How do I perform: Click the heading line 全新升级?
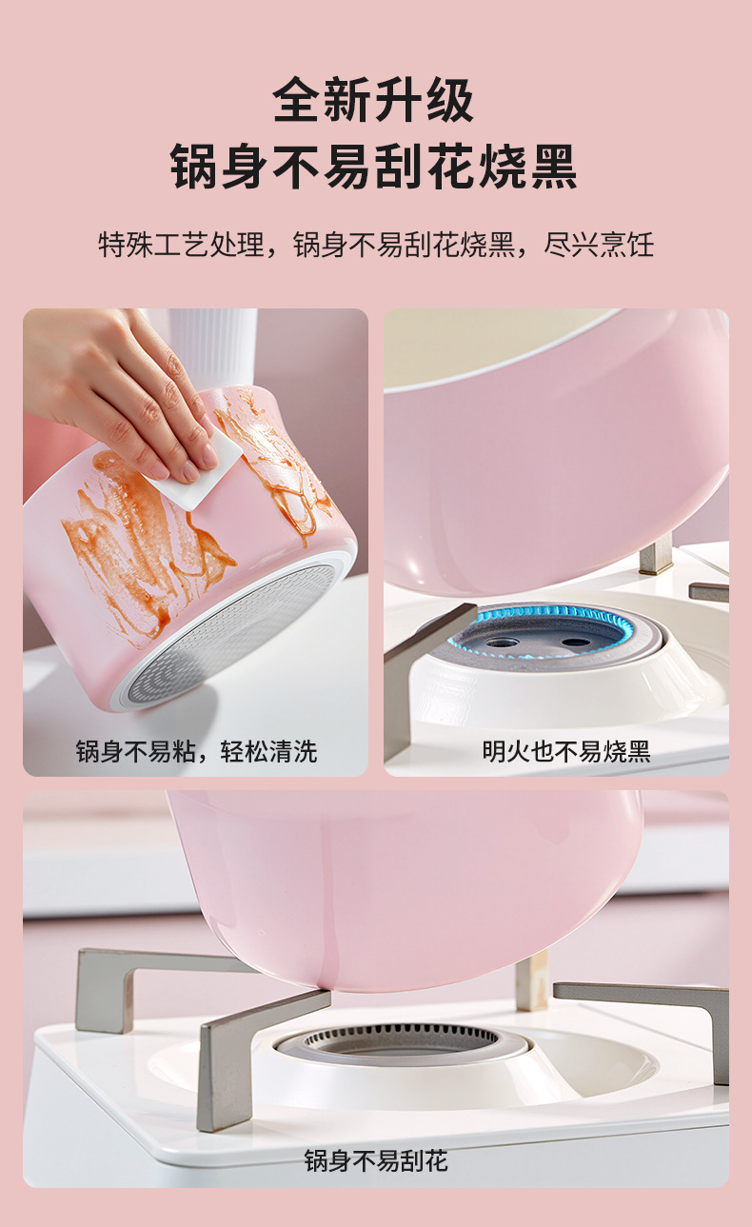pyautogui.click(x=374, y=101)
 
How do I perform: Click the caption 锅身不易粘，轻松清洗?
pyautogui.click(x=196, y=751)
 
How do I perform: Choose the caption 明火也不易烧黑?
pyautogui.click(x=565, y=751)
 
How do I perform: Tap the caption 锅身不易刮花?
pyautogui.click(x=375, y=1160)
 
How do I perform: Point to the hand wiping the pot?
pyautogui.click(x=124, y=381)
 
